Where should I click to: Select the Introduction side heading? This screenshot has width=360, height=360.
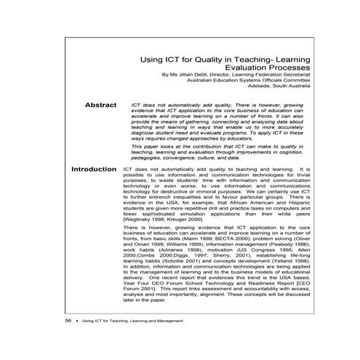(x=94, y=169)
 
